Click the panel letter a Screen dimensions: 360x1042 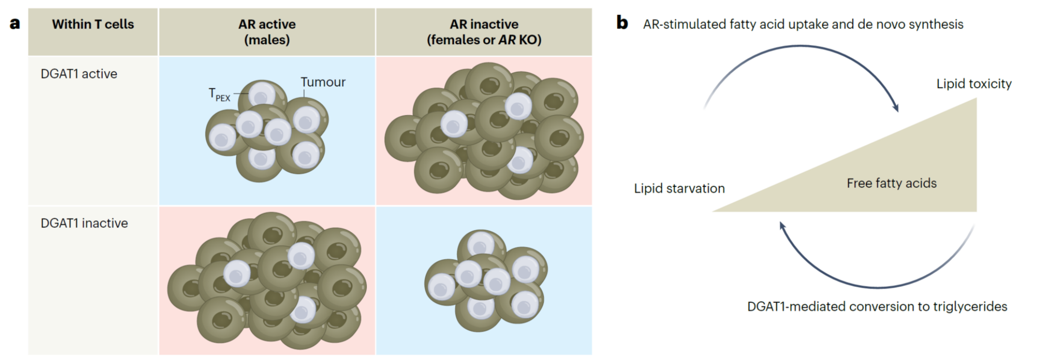[15, 24]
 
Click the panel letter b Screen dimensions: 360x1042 [622, 23]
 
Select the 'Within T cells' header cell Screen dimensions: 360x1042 [93, 24]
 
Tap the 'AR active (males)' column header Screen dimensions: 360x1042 [267, 31]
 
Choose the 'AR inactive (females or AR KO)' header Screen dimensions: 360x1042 [484, 31]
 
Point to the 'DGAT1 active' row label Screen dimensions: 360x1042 [79, 74]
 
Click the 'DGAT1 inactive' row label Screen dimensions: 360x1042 [84, 223]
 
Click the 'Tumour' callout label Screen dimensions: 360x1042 [323, 82]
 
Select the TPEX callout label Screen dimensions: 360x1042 [219, 94]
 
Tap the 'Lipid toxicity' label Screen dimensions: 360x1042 [974, 84]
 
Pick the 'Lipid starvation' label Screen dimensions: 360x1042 [679, 188]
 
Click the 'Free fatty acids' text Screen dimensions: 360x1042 [892, 183]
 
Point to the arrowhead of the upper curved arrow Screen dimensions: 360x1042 [896, 108]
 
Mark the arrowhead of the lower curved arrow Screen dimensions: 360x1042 [782, 226]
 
